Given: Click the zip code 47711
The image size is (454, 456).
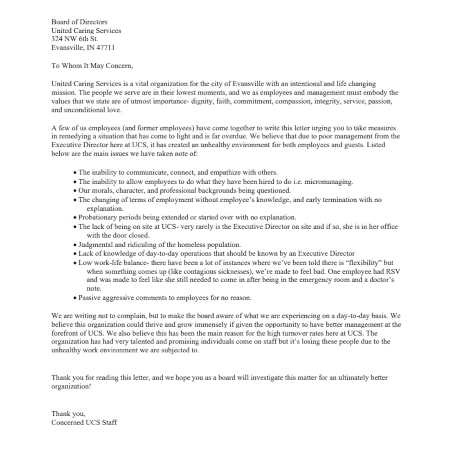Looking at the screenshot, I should tap(106, 47).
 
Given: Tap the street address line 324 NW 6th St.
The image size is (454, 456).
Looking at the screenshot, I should tap(75, 39).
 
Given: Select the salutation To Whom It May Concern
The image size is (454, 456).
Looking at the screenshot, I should tap(92, 65).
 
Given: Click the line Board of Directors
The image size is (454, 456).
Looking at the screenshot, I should tap(79, 22).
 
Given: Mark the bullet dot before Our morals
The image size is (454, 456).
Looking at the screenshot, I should tap(75, 191).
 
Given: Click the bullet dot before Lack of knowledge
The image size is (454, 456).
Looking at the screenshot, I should tap(75, 254).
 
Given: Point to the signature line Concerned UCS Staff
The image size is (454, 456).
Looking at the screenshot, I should tap(84, 422).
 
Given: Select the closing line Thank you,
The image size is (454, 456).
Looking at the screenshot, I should tap(68, 414).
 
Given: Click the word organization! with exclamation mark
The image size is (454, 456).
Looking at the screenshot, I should tap(71, 387).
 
